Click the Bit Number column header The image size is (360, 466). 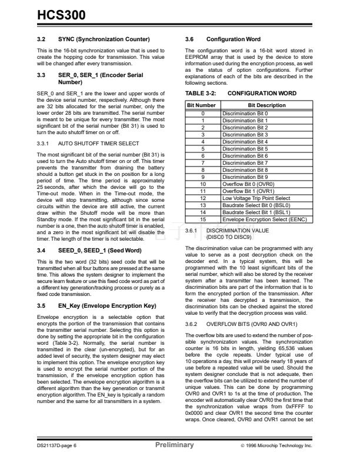pyautogui.click(x=202, y=105)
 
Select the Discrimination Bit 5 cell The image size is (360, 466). pyautogui.click(x=245, y=149)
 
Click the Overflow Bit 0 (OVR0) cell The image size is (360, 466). pyautogui.click(x=248, y=184)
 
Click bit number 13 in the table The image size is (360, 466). pyautogui.click(x=202, y=205)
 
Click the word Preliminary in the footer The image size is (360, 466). pyautogui.click(x=174, y=445)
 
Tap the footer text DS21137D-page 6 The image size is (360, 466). pyautogui.click(x=55, y=446)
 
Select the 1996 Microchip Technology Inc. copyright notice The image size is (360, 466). pyautogui.click(x=285, y=446)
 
